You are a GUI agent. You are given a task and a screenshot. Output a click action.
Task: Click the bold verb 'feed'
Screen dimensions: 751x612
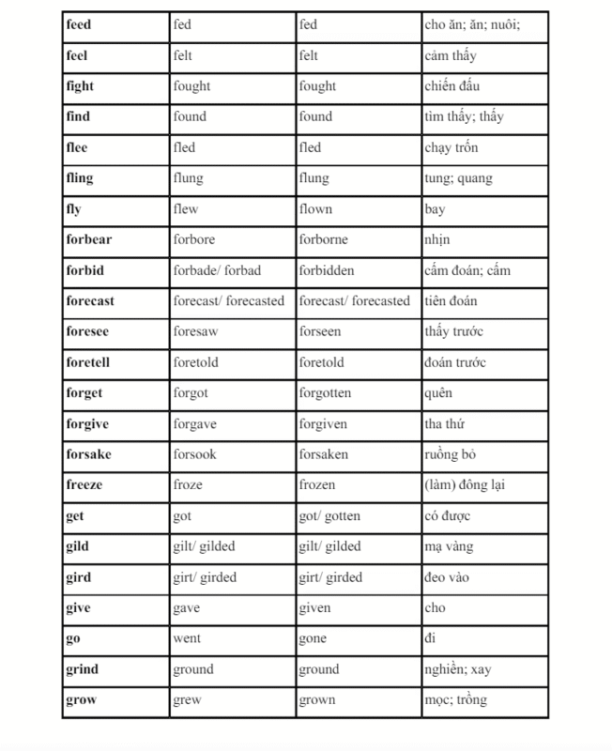point(79,24)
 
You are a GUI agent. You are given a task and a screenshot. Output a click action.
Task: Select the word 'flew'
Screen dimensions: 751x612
point(186,208)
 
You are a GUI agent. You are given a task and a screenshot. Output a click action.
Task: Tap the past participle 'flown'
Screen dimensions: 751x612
point(315,208)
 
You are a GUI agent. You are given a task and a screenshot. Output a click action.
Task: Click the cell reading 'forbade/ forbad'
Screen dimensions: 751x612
point(217,270)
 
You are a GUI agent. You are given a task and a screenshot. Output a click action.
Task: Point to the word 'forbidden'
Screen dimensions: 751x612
point(329,270)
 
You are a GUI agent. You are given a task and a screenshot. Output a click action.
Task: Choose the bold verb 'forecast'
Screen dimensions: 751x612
point(90,301)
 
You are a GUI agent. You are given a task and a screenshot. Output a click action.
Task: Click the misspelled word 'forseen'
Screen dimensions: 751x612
point(320,331)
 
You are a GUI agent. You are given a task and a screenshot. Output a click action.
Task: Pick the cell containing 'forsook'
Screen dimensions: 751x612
point(195,454)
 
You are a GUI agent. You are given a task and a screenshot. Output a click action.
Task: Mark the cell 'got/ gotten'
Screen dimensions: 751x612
point(329,516)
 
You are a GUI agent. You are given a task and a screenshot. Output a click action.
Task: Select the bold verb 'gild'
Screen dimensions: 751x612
point(78,546)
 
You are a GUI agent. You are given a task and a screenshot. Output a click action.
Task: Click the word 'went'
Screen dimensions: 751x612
point(187,638)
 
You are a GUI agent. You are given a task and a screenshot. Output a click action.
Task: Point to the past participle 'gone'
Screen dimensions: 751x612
point(313,638)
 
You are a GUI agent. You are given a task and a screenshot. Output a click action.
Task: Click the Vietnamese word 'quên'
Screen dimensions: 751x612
point(438,393)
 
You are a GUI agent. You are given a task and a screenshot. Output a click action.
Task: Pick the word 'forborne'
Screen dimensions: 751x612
point(324,239)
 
